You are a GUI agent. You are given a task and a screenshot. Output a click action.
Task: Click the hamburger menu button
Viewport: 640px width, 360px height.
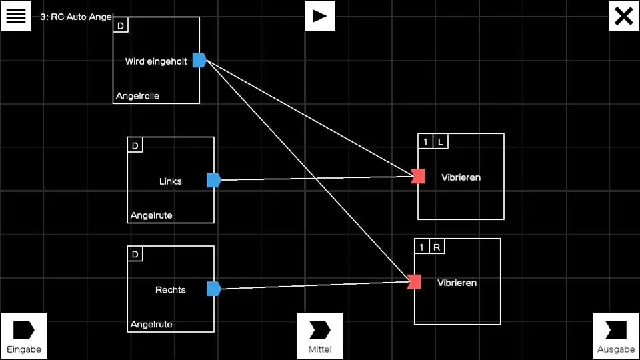click(15, 15)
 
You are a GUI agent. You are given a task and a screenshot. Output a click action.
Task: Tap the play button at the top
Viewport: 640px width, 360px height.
click(320, 15)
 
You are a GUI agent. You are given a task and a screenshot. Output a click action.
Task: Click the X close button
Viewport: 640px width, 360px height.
click(623, 15)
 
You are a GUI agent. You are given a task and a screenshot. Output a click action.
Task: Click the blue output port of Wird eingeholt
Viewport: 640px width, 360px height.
click(199, 60)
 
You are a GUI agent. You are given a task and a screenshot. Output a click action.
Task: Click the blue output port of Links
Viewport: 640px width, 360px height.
click(213, 180)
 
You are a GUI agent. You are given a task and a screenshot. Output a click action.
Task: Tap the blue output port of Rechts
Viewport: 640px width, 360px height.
click(213, 289)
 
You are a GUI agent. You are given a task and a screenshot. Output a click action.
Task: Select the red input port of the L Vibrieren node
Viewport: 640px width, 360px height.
click(419, 176)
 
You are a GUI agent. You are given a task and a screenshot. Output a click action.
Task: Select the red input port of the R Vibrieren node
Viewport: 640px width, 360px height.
click(415, 282)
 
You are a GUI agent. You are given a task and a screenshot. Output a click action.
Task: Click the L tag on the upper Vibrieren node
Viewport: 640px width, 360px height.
click(441, 141)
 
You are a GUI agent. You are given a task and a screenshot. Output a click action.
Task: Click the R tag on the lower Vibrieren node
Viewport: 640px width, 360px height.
click(437, 247)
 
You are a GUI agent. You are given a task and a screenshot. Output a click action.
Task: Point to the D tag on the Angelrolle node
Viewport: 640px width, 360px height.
click(121, 25)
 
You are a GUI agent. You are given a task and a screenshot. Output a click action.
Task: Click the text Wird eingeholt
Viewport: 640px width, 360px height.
click(156, 61)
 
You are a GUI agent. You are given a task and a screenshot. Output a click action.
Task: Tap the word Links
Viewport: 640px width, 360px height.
click(171, 181)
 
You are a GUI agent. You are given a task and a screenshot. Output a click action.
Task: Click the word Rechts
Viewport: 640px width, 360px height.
click(171, 290)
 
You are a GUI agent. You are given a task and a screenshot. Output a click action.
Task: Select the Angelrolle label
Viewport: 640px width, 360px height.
click(137, 96)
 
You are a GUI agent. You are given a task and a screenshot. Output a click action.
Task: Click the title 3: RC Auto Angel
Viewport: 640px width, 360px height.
click(77, 17)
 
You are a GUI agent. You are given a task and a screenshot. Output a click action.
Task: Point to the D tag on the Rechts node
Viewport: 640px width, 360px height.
click(135, 254)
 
